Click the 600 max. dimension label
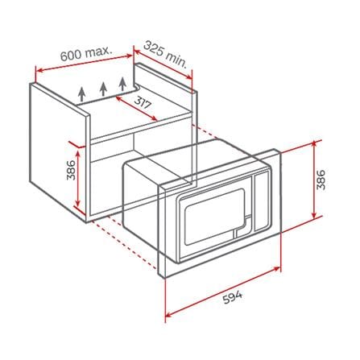click(86, 54)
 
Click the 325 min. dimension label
click(165, 55)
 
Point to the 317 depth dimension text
click(143, 102)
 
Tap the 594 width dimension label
click(233, 296)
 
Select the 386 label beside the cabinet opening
click(72, 170)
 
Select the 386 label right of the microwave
click(321, 180)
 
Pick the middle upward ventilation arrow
click(103, 89)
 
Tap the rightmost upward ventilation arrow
click(122, 84)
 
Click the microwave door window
click(215, 217)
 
